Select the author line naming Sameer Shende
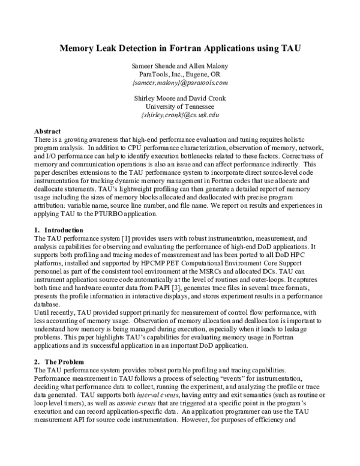[x=180, y=64]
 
